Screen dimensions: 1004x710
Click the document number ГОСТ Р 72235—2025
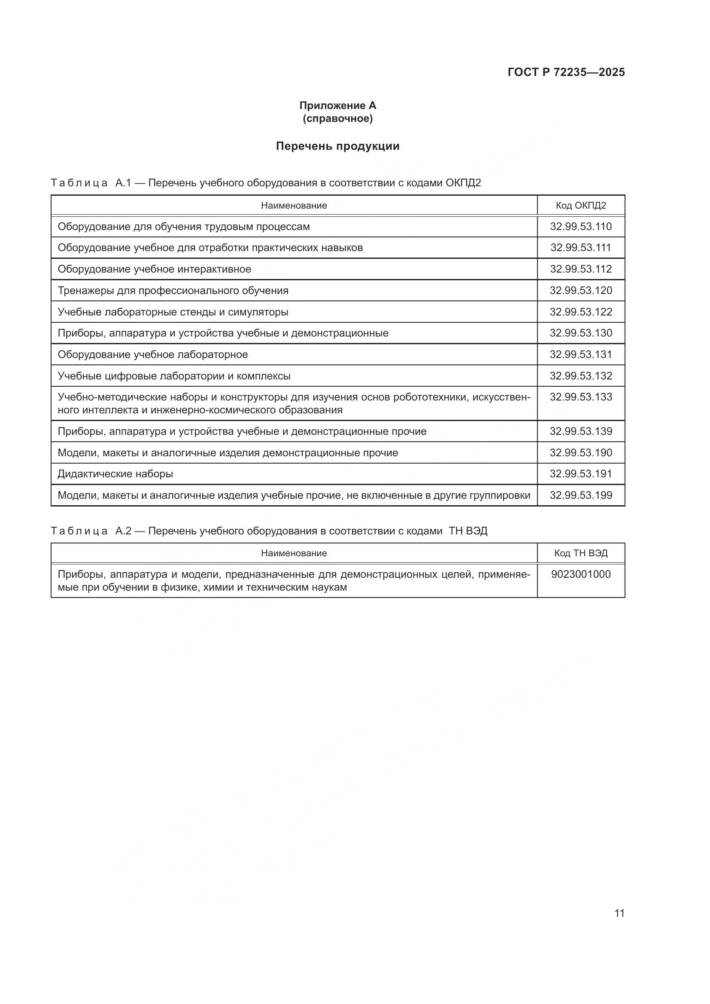[x=566, y=72]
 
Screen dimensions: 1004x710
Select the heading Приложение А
[x=337, y=106]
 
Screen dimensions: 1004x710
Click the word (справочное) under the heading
[x=337, y=118]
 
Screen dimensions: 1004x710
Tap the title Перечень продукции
[x=337, y=146]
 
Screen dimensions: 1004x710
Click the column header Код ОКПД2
[x=581, y=206]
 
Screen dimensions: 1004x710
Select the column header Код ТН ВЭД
[x=581, y=553]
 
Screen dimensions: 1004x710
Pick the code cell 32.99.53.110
[x=581, y=227]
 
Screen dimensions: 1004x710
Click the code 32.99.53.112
[x=581, y=269]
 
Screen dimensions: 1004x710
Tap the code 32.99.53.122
[x=581, y=312]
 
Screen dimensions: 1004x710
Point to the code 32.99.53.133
[x=581, y=397]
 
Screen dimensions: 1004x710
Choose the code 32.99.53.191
[x=581, y=473]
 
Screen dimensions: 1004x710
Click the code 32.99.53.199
[x=581, y=495]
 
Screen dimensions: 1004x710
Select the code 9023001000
[x=581, y=574]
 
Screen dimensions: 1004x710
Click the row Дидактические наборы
[x=115, y=474]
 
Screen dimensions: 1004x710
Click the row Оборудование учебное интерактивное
[x=155, y=270]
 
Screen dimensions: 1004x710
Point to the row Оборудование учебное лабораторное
[x=152, y=355]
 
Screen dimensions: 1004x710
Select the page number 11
[x=619, y=913]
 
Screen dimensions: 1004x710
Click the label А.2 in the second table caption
[x=123, y=531]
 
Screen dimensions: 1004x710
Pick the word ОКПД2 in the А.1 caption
[x=463, y=183]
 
